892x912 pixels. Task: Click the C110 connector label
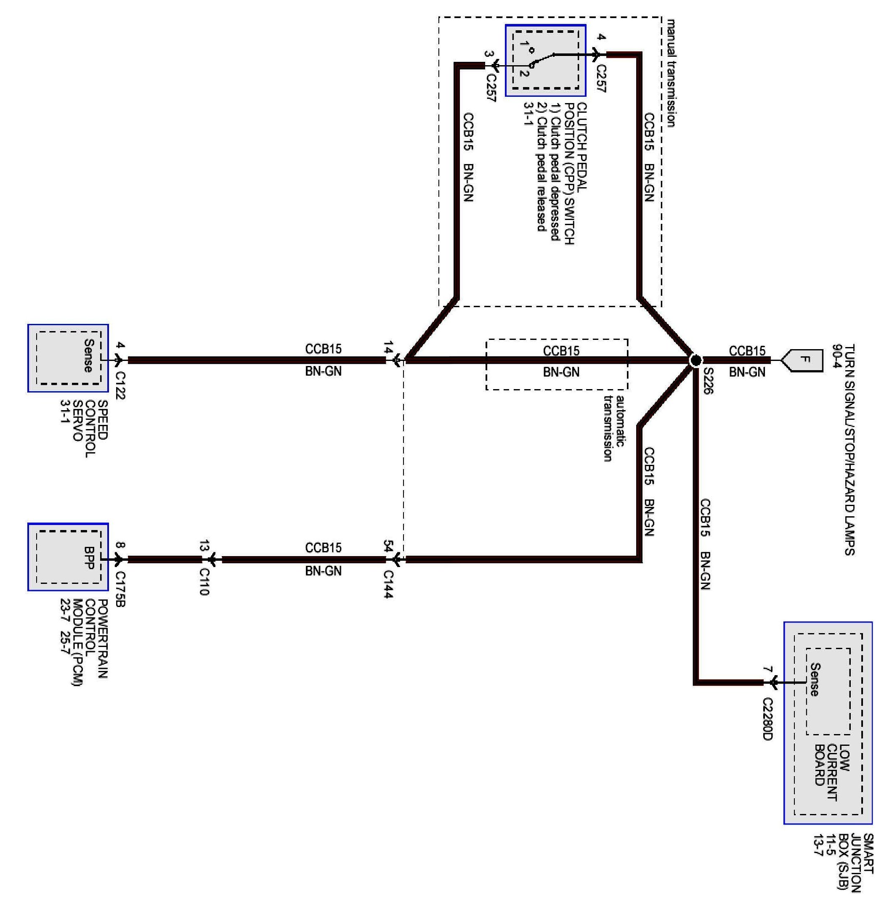click(204, 582)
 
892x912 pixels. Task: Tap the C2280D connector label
click(767, 719)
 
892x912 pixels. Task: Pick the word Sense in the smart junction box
click(815, 680)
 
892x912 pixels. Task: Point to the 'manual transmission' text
click(671, 73)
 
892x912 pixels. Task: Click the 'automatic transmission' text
click(614, 429)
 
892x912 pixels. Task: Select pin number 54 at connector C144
click(388, 546)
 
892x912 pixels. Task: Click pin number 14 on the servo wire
click(388, 347)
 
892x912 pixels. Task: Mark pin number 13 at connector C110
click(204, 546)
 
